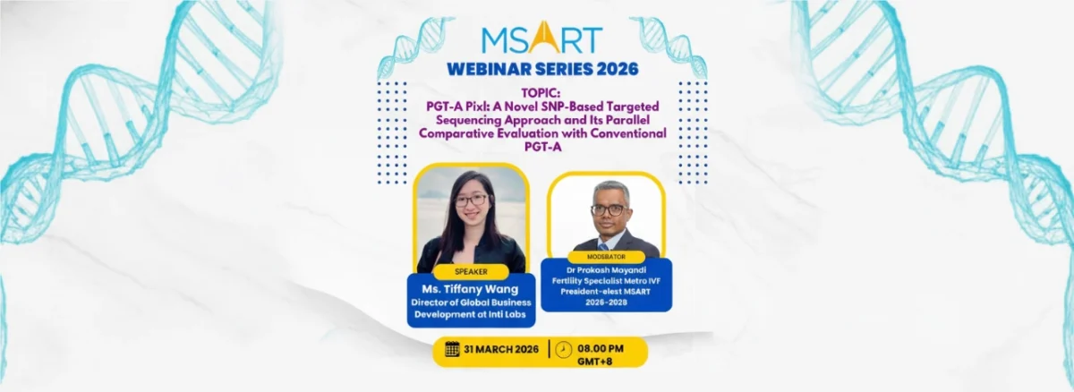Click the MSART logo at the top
pyautogui.click(x=541, y=38)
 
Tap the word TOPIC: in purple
pyautogui.click(x=541, y=92)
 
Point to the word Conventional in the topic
pyautogui.click(x=628, y=133)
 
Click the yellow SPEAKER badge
pyautogui.click(x=471, y=272)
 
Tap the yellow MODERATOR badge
pyautogui.click(x=606, y=257)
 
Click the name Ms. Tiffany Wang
pyautogui.click(x=470, y=289)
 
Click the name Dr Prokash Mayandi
pyautogui.click(x=606, y=270)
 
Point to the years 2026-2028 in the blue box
pyautogui.click(x=606, y=303)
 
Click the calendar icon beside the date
pyautogui.click(x=452, y=349)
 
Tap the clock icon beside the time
pyautogui.click(x=563, y=349)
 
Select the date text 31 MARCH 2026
pyautogui.click(x=501, y=349)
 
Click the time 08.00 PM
pyautogui.click(x=601, y=348)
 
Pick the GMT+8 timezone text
pyautogui.click(x=594, y=362)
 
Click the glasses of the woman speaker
pyautogui.click(x=471, y=200)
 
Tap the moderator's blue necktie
pyautogui.click(x=603, y=246)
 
